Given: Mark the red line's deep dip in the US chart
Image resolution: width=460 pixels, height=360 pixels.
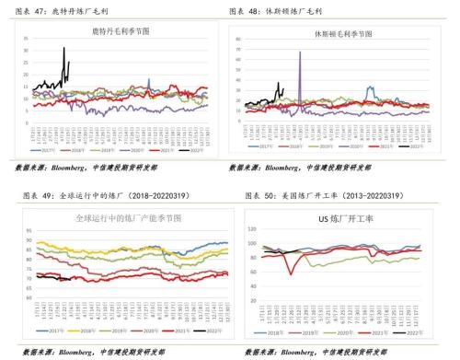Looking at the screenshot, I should click(x=293, y=273).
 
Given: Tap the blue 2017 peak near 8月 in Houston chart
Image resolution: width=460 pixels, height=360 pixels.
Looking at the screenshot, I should click(x=370, y=88).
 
